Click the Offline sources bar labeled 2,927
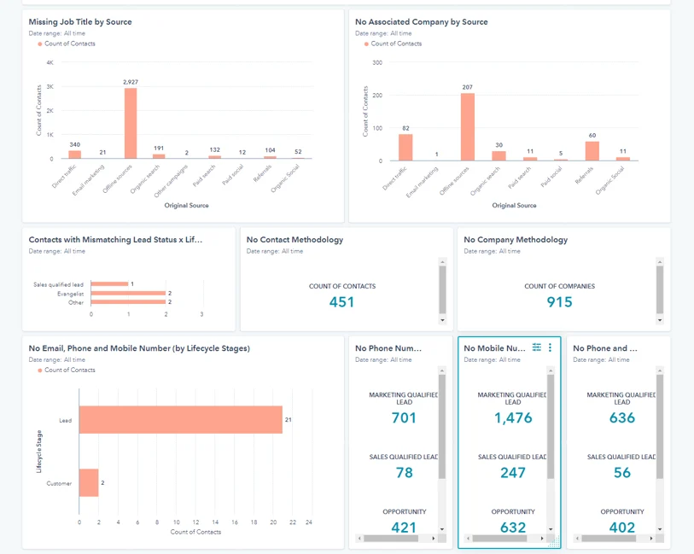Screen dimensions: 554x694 [x=131, y=124]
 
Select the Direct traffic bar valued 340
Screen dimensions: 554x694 [x=75, y=155]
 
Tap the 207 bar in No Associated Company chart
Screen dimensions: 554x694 [x=467, y=126]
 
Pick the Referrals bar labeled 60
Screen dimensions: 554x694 [x=592, y=151]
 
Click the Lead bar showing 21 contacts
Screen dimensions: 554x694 [x=181, y=420]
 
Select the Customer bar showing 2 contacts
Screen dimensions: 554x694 [x=89, y=483]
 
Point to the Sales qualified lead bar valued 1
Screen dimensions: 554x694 [x=109, y=283]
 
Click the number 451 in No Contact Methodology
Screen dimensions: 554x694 [x=341, y=301]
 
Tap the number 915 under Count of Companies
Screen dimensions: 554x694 [x=559, y=301]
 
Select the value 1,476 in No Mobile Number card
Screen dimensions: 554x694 [x=513, y=418]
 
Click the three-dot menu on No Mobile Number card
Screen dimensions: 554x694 [x=550, y=347]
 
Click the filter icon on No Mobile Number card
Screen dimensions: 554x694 [x=537, y=347]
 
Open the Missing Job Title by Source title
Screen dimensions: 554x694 [x=80, y=21]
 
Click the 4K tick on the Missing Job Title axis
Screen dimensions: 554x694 [x=50, y=62]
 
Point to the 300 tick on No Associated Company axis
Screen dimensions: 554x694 [x=376, y=62]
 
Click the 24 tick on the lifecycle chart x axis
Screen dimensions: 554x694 [x=308, y=522]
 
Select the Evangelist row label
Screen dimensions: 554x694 [x=69, y=293]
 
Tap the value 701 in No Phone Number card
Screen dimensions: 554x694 [x=404, y=418]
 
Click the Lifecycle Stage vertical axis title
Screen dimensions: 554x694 [x=38, y=452]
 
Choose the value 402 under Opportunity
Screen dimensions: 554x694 [x=622, y=528]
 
